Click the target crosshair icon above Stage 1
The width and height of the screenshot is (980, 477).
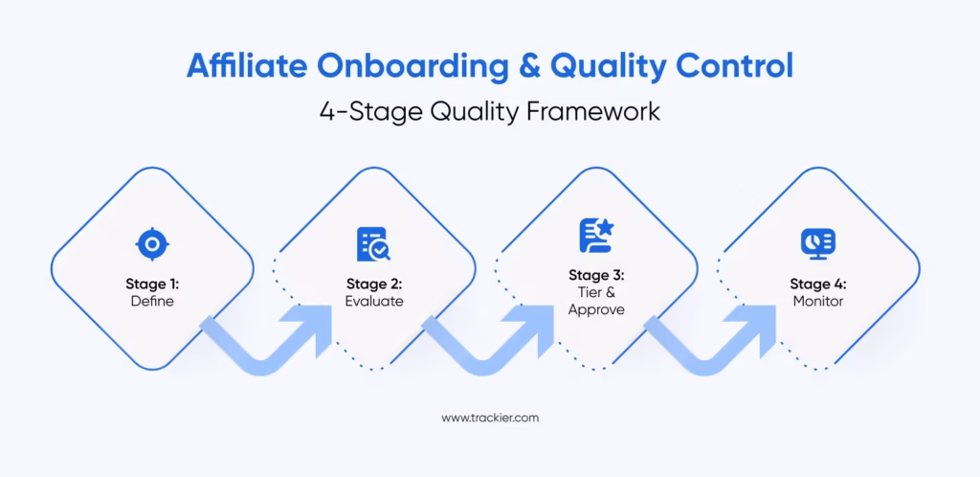click(x=152, y=244)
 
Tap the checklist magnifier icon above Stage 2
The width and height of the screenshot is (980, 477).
click(x=373, y=244)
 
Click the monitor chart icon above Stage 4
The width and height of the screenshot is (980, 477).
click(x=817, y=243)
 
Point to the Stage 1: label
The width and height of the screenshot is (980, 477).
click(x=152, y=284)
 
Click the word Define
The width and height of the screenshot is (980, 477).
click(x=152, y=301)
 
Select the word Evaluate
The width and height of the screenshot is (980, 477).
click(x=374, y=301)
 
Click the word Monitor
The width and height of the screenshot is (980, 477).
click(x=817, y=301)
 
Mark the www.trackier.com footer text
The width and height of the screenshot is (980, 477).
click(x=489, y=418)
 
